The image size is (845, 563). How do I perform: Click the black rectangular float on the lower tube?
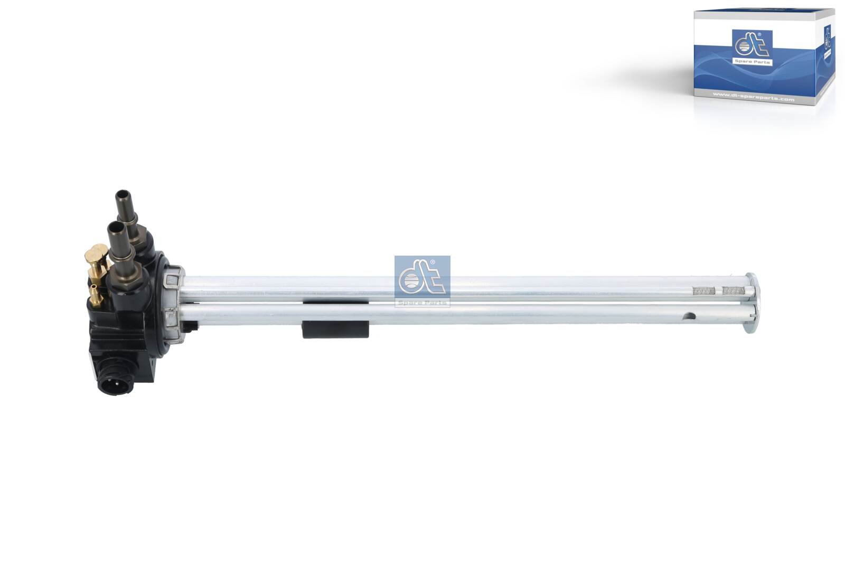(335, 329)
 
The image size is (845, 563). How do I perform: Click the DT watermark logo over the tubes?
(422, 280)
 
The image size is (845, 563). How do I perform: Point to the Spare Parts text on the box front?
(752, 62)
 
